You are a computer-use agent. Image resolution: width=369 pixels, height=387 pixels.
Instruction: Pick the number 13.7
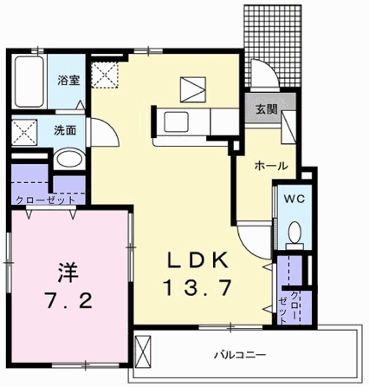click(x=196, y=287)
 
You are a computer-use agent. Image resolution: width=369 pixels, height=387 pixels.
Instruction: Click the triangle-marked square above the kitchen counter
click(x=191, y=88)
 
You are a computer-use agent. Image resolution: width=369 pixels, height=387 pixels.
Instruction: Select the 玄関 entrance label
click(x=264, y=109)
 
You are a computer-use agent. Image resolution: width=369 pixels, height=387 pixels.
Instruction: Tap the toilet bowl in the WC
click(x=294, y=233)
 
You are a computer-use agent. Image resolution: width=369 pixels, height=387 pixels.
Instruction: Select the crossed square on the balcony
click(x=144, y=351)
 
